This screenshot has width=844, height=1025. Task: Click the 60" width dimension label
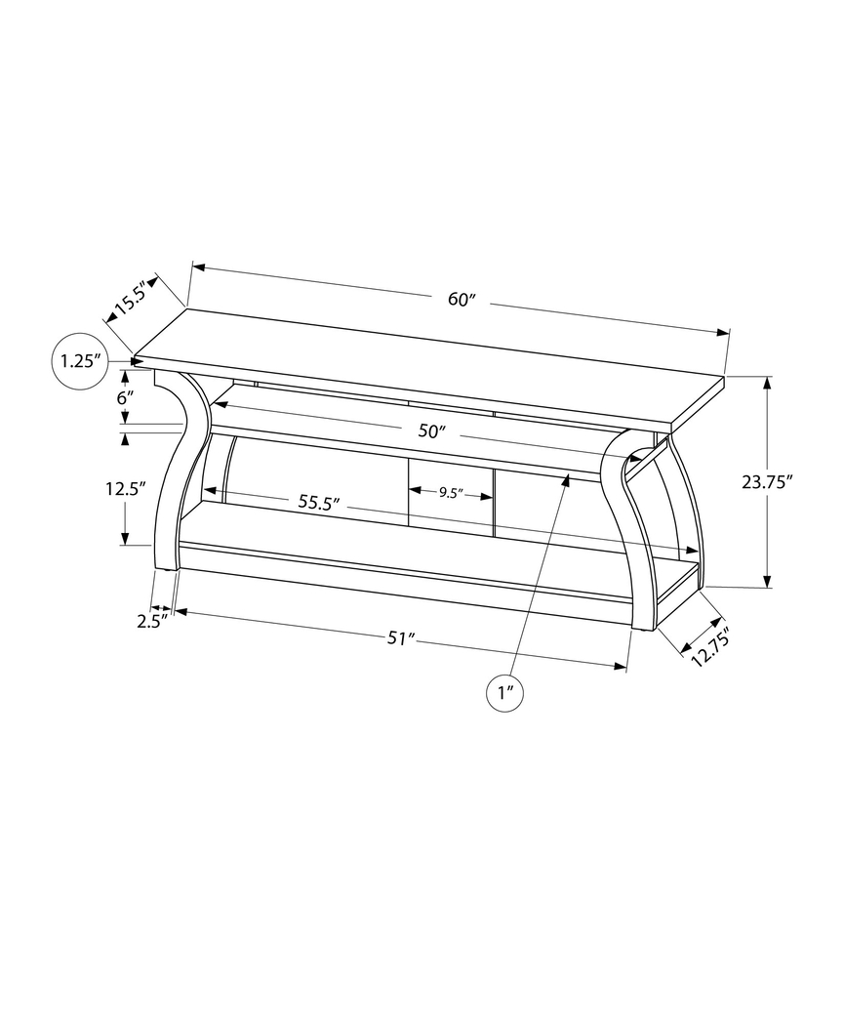(x=462, y=300)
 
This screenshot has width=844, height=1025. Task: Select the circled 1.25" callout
(x=79, y=361)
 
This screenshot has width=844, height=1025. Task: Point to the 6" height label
(x=124, y=398)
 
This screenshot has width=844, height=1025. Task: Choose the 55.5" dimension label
(x=318, y=503)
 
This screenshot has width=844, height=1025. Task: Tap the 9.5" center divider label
(x=450, y=493)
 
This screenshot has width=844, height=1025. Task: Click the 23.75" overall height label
(x=767, y=480)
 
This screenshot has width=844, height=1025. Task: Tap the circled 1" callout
(x=505, y=693)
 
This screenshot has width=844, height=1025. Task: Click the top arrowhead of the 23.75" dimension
(x=769, y=383)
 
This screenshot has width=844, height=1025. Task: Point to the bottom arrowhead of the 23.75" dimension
(x=769, y=581)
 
